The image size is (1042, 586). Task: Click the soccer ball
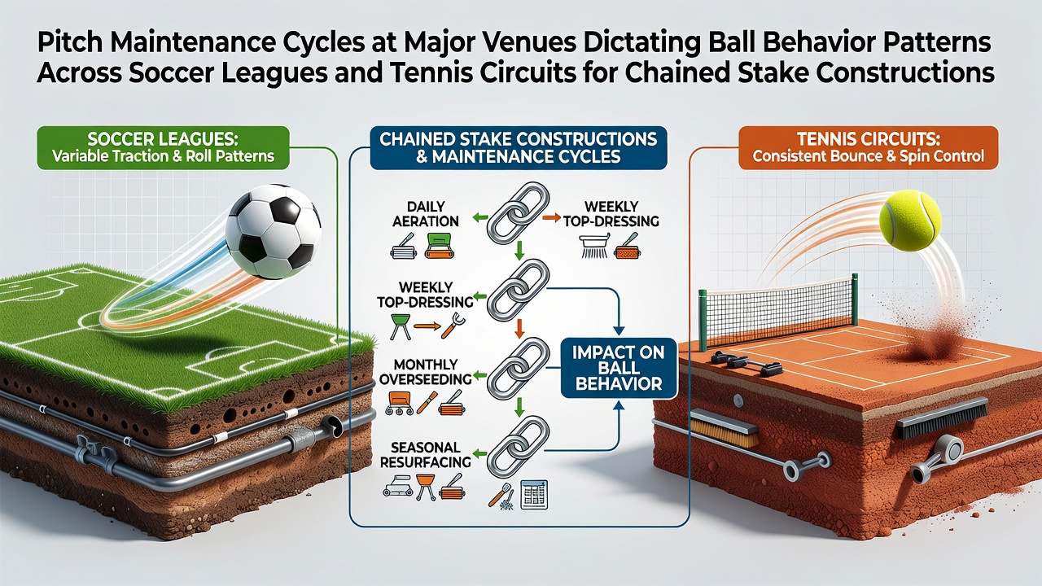273,232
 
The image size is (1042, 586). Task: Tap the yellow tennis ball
910,221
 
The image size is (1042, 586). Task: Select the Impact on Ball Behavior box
619,368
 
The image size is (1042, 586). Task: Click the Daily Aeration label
426,213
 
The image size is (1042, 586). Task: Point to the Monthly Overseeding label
426,371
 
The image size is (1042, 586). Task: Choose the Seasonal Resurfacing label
426,454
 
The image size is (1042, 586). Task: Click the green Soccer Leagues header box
163,147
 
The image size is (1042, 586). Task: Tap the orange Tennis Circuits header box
869,147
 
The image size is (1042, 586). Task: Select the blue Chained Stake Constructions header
519,147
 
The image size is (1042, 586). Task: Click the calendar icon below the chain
535,494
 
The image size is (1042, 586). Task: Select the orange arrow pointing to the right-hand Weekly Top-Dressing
552,217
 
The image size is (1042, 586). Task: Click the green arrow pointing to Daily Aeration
479,217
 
